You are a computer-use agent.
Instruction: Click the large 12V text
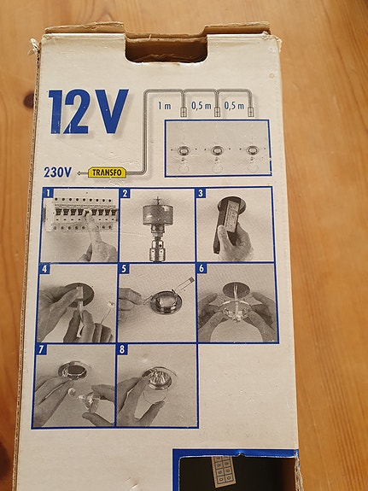[88, 111]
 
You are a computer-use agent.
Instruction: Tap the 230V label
[57, 172]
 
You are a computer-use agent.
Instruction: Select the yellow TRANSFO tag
[108, 172]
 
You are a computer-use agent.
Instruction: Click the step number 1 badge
[50, 194]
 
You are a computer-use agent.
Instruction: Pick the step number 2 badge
[125, 194]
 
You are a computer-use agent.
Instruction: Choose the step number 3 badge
[202, 194]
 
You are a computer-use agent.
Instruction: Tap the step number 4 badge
[44, 269]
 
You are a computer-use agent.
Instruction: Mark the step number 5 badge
[124, 269]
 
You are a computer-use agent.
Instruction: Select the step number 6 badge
[202, 269]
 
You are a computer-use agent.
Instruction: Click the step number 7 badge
[39, 350]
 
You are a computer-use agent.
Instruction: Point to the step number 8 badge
[122, 350]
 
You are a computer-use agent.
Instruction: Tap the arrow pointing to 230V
[80, 172]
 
